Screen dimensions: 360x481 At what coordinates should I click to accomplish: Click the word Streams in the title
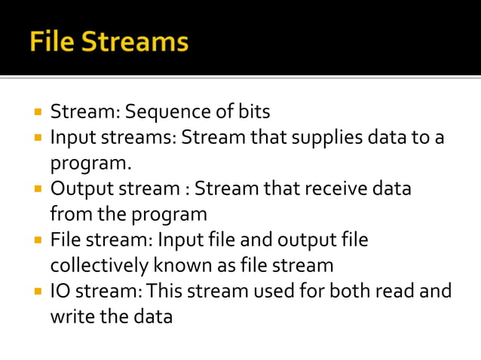pyautogui.click(x=135, y=41)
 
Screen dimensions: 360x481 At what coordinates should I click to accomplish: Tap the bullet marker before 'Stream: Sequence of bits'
pyautogui.click(x=37, y=111)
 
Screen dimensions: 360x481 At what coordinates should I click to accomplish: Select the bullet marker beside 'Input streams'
pyautogui.click(x=37, y=138)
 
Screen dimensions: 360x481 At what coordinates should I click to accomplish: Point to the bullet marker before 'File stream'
pyautogui.click(x=37, y=240)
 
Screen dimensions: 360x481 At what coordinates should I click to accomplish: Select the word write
pyautogui.click(x=69, y=317)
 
